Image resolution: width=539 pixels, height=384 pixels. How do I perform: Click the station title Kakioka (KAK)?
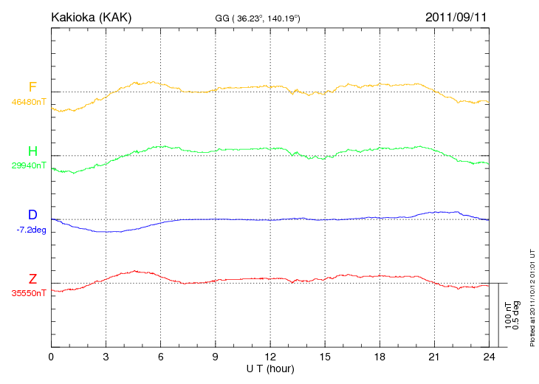click(x=91, y=16)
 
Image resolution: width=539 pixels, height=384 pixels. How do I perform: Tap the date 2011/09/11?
click(x=456, y=16)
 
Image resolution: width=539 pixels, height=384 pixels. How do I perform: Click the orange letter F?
click(x=32, y=87)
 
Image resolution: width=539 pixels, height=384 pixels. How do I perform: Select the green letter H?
click(x=32, y=151)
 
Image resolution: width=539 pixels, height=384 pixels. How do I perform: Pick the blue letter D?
click(x=32, y=216)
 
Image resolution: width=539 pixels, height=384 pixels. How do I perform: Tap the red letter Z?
click(x=32, y=279)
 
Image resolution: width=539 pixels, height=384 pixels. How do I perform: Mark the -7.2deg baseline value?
click(x=32, y=230)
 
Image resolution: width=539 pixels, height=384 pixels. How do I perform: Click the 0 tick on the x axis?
click(x=51, y=357)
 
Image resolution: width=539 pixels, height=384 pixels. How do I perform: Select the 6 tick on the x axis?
click(x=161, y=357)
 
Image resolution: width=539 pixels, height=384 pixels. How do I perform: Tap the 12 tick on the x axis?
click(x=270, y=357)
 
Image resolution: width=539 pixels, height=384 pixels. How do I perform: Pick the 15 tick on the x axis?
click(x=325, y=357)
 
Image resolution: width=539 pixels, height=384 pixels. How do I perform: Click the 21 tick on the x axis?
click(x=434, y=357)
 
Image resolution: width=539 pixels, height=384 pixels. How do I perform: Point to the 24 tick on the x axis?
click(x=489, y=357)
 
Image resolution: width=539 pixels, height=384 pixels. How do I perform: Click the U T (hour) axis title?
click(x=270, y=368)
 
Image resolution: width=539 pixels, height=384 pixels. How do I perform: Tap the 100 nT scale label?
click(x=508, y=315)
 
